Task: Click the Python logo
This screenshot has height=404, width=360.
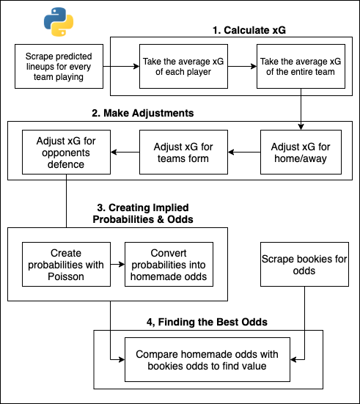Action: (x=59, y=22)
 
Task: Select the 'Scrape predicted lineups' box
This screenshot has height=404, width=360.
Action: (x=59, y=67)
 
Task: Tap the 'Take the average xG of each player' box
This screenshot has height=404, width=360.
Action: (x=183, y=67)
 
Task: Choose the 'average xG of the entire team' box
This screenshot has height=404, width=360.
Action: (x=301, y=67)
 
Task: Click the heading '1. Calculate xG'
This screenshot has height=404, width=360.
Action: (x=249, y=30)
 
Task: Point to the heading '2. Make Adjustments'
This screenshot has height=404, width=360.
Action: (x=143, y=113)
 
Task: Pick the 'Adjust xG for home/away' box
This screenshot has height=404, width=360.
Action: (x=301, y=152)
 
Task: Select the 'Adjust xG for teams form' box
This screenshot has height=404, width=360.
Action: (x=183, y=152)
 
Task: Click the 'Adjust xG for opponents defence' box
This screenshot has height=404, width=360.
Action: (x=66, y=152)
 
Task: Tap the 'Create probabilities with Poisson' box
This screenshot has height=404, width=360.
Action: (x=66, y=265)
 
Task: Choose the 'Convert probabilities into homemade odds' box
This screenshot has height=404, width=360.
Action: (x=169, y=265)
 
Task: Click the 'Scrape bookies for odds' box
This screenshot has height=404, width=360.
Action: (x=304, y=265)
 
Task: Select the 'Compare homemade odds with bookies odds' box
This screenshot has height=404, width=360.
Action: (x=207, y=360)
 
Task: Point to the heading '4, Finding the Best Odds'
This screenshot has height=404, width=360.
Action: (x=207, y=322)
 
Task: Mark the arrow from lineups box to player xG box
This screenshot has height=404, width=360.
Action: (x=121, y=67)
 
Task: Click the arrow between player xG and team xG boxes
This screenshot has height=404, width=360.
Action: (x=242, y=67)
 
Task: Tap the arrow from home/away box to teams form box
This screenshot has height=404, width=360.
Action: (x=244, y=152)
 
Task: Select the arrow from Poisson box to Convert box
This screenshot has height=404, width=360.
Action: (x=117, y=265)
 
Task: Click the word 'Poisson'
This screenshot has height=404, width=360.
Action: (x=66, y=276)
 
